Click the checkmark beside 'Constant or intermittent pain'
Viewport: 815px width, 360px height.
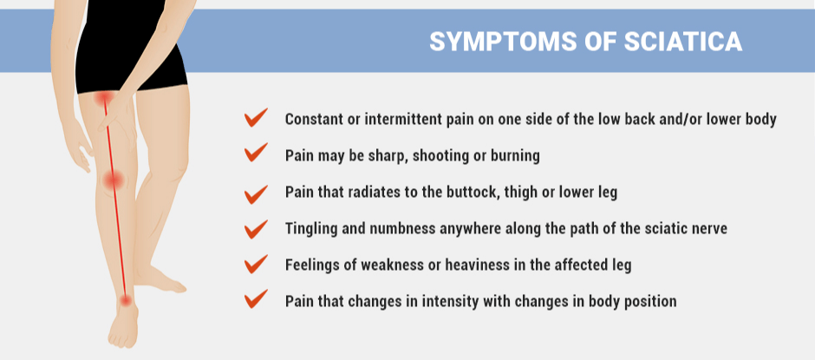coord(257,118)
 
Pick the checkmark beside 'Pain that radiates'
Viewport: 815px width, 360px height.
coord(257,193)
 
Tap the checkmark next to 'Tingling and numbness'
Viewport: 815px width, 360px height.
coord(257,229)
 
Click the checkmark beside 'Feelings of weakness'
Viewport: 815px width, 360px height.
coord(257,265)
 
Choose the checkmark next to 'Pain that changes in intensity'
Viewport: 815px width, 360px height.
coord(257,299)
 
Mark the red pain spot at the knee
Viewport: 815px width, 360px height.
coord(113,180)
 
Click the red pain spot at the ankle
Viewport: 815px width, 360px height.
coord(125,299)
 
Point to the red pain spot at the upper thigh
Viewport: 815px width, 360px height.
coord(104,98)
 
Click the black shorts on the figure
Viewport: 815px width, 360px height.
coord(130,46)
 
